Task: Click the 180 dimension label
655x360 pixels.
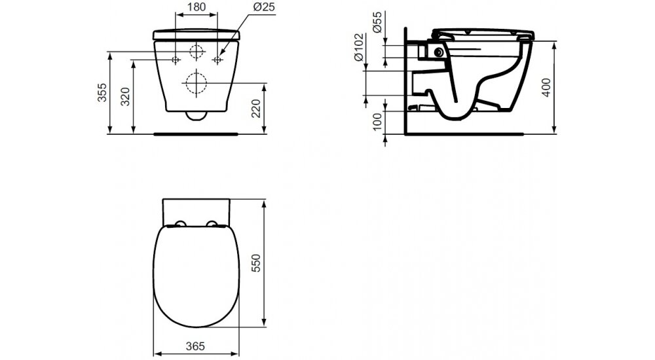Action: tap(196, 7)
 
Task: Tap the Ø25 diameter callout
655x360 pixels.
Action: tap(263, 7)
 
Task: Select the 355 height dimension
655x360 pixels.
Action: tap(102, 93)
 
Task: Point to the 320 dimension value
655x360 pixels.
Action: tap(126, 97)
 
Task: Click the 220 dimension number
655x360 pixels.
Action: tap(256, 109)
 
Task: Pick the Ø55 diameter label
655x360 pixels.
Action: tap(377, 22)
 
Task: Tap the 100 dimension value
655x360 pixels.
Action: tap(377, 122)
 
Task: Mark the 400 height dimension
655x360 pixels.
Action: tap(546, 88)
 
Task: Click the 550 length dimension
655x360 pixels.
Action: tap(256, 263)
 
